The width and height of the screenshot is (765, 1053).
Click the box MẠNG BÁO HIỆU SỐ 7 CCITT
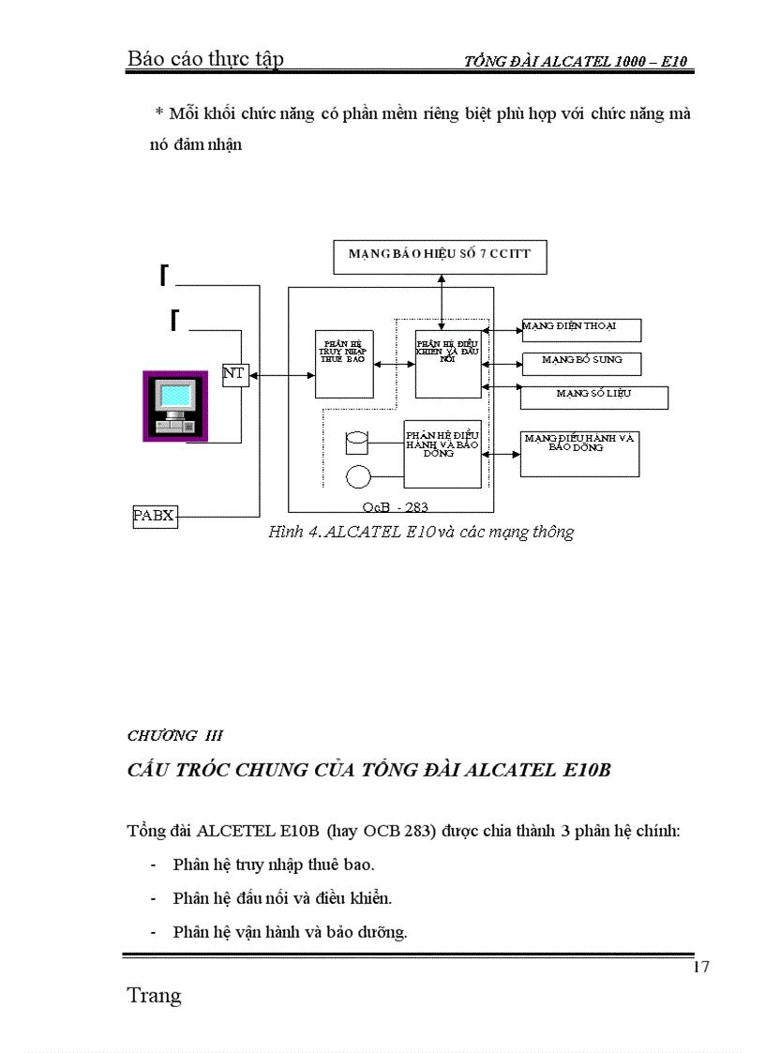[440, 256]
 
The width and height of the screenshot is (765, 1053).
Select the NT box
[234, 374]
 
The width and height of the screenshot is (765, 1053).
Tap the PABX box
[155, 515]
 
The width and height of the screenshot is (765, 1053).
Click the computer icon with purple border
[173, 405]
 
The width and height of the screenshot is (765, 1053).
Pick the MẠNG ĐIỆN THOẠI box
[581, 330]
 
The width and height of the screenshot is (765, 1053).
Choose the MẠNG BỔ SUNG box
[581, 361]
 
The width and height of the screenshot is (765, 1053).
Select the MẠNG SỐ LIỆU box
[593, 397]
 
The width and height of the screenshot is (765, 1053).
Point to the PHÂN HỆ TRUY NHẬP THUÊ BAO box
[342, 363]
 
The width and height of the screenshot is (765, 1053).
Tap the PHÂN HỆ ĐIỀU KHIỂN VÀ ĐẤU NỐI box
[447, 363]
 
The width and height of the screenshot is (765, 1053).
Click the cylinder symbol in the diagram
[357, 440]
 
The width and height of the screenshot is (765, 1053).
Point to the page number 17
[700, 968]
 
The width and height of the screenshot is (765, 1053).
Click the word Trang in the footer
[154, 996]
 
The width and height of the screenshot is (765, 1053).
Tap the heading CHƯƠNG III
[174, 736]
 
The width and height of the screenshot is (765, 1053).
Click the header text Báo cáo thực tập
[205, 60]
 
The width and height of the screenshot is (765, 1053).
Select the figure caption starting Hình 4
[421, 533]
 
